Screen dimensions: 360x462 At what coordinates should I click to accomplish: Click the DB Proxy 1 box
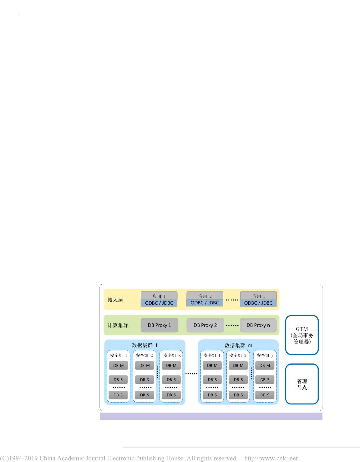[159, 325]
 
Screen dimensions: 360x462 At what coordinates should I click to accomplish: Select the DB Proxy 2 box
[205, 325]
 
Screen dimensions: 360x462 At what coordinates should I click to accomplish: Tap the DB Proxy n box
[258, 325]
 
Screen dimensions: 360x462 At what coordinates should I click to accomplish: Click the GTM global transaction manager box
[302, 335]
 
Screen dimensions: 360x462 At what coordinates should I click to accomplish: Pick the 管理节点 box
[302, 384]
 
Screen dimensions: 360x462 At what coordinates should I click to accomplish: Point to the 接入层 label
[115, 300]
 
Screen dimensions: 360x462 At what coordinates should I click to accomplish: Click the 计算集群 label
[118, 325]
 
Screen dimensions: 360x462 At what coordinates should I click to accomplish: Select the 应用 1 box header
[159, 296]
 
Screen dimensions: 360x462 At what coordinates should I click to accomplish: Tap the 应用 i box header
[258, 296]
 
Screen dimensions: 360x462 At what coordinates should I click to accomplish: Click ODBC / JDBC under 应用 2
[205, 303]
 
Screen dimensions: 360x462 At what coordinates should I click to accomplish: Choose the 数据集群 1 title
[145, 345]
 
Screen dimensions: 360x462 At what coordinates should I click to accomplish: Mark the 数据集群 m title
[238, 345]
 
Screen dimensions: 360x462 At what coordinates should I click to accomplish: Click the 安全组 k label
[172, 355]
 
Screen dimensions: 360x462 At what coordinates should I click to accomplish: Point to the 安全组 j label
[265, 355]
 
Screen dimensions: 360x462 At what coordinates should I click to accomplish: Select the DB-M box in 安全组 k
[171, 365]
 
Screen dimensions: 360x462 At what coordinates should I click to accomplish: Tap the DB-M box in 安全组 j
[265, 365]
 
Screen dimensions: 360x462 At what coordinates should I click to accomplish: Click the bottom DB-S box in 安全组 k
[171, 395]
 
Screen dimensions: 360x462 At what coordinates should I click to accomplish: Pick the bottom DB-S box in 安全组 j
[265, 395]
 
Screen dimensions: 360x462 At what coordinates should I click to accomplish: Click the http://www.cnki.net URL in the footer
[271, 458]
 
